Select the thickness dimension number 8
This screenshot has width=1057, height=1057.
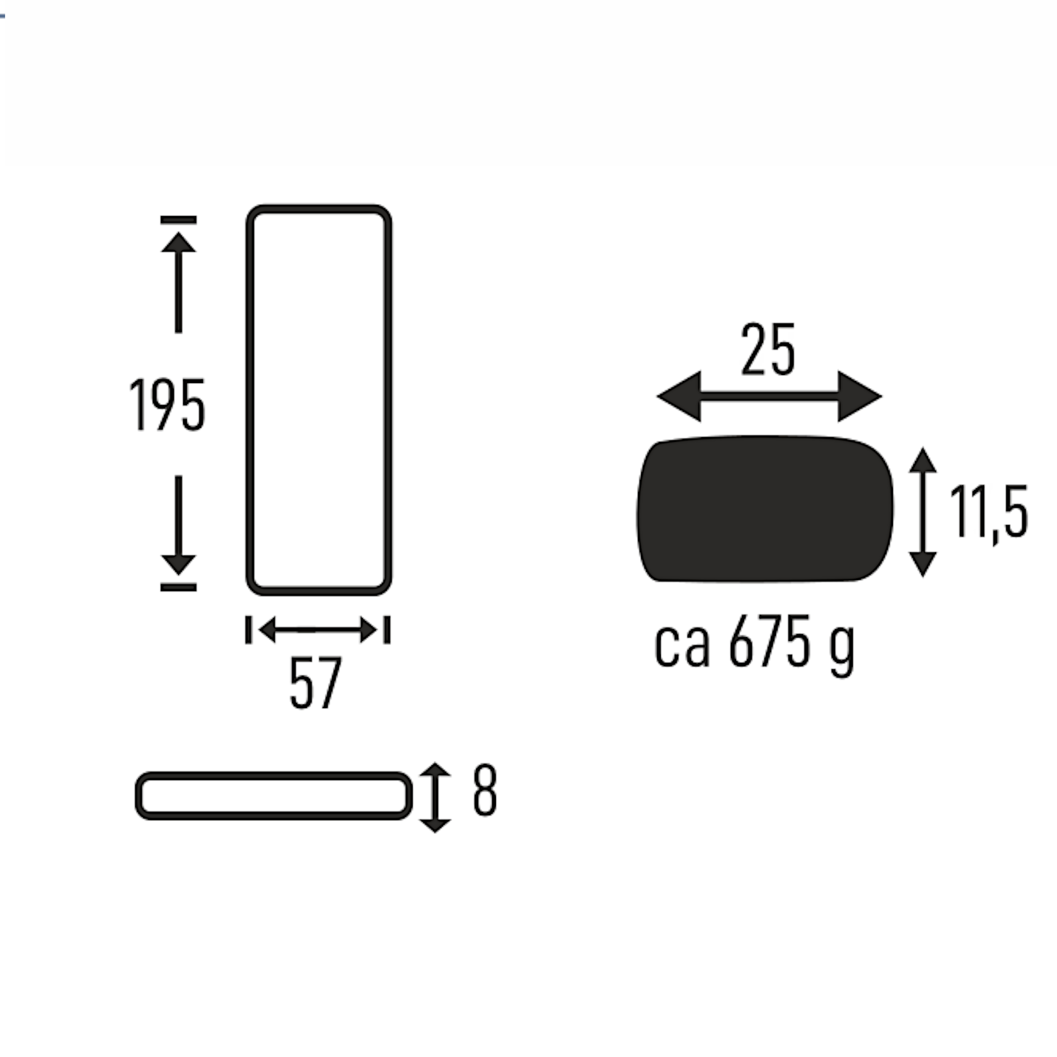[x=485, y=790]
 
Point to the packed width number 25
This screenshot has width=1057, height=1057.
[x=767, y=348]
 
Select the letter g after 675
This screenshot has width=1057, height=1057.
[x=841, y=651]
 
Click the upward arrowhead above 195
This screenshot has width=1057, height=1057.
[x=178, y=242]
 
